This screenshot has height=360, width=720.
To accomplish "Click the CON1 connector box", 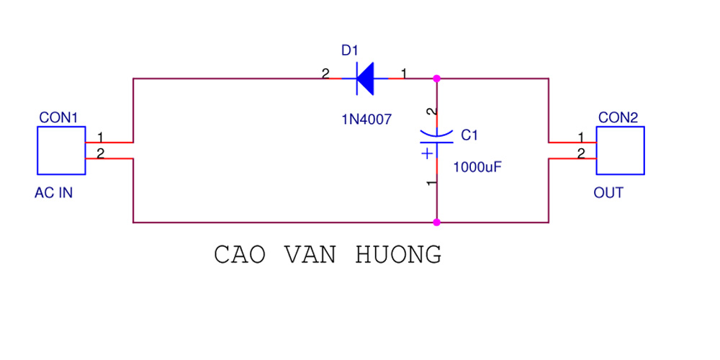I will click(60, 150).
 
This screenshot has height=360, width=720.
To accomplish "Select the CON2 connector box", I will click(620, 150).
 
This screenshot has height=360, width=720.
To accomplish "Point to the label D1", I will click(349, 50).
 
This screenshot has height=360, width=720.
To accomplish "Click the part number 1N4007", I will click(366, 120).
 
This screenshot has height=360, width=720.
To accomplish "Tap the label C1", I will click(469, 135).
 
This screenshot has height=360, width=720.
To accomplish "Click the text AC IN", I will click(53, 193).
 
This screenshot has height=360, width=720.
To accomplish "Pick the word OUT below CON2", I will click(608, 193).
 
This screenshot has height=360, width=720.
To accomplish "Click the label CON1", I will click(58, 117).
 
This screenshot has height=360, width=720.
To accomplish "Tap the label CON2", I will click(618, 117).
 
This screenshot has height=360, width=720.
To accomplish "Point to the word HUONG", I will click(399, 255).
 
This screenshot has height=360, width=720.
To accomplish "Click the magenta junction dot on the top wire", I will click(436, 78).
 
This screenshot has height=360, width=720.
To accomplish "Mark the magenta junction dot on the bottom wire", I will click(436, 222).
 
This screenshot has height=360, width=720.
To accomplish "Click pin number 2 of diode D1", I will click(325, 73).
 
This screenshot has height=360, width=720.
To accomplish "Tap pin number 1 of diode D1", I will click(403, 73).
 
